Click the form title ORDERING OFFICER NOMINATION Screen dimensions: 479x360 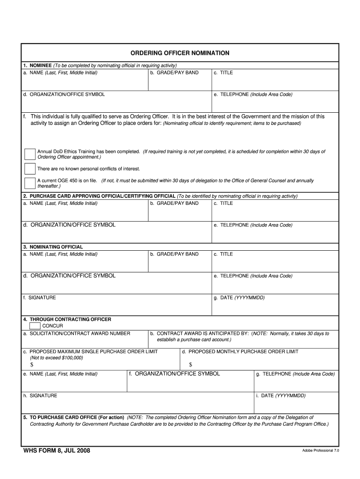pos(180,53)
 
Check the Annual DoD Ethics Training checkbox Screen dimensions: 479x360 pos(30,154)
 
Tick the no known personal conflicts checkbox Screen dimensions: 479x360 pos(30,168)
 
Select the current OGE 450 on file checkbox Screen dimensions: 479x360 pos(30,182)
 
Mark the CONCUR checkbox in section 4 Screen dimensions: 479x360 pos(35,326)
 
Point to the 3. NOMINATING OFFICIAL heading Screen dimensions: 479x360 pos(53,247)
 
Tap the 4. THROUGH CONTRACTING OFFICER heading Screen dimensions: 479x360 pos(67,319)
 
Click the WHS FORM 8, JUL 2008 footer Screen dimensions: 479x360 pos(57,450)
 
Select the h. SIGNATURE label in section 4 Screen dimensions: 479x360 pos(40,395)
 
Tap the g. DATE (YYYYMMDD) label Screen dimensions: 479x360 pos(239,298)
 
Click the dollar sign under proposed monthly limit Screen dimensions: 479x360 pos(190,364)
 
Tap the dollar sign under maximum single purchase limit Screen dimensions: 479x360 pos(32,364)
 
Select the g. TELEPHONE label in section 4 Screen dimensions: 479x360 pos(295,374)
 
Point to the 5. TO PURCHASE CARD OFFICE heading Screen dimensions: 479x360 pos(73,417)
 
